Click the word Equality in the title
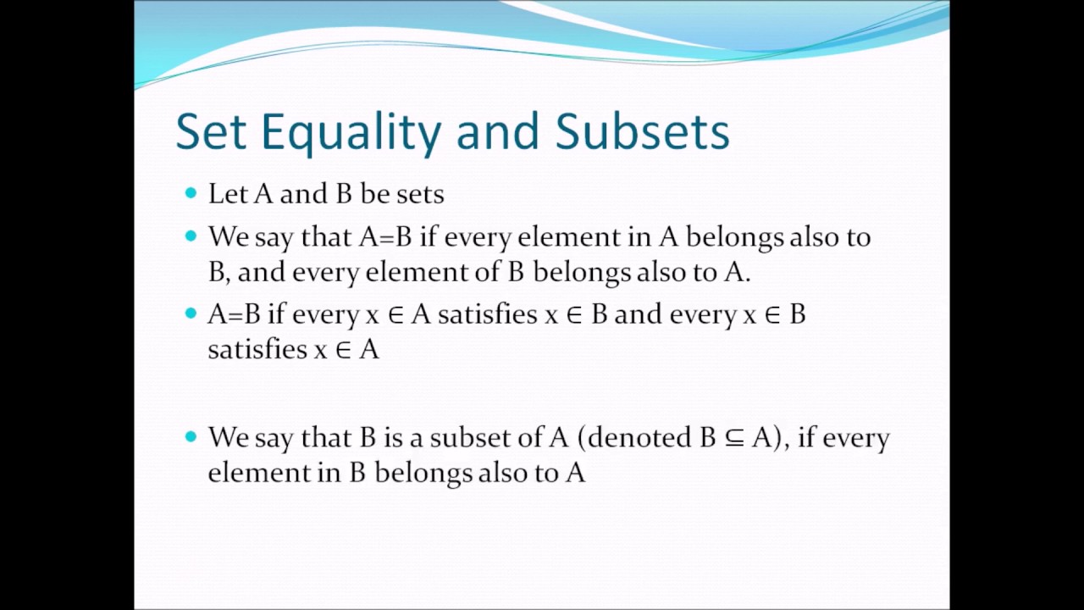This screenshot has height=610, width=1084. (351, 132)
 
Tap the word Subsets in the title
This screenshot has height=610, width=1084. (642, 132)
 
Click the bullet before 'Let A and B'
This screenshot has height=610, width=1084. (190, 193)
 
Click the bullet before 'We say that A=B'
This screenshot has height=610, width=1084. (190, 236)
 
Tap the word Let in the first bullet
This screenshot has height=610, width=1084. (228, 194)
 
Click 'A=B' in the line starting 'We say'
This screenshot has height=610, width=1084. (385, 236)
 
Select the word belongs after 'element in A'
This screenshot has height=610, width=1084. (734, 238)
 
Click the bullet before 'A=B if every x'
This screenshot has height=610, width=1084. (190, 313)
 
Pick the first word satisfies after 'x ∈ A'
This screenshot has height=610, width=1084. (487, 314)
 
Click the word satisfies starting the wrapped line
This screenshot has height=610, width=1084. (257, 349)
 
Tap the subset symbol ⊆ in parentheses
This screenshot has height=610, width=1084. (733, 438)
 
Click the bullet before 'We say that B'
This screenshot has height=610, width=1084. (190, 436)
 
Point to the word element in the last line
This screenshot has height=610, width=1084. (259, 472)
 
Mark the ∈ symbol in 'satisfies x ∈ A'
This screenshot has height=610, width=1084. (343, 350)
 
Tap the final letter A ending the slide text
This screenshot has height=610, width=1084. (575, 472)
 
